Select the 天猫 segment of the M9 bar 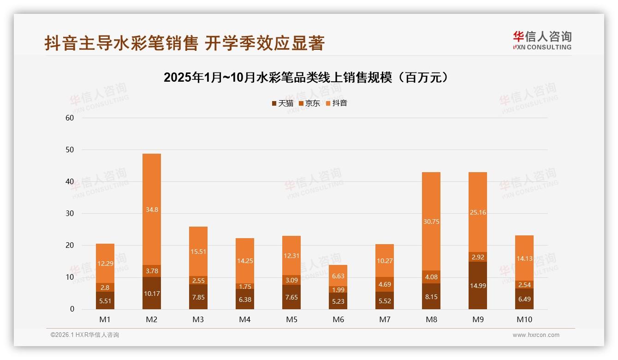pyautogui.click(x=478, y=285)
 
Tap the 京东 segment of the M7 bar pyautogui.click(x=385, y=284)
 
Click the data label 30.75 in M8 pyautogui.click(x=431, y=222)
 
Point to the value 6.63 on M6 pyautogui.click(x=338, y=276)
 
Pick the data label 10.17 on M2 pyautogui.click(x=152, y=293)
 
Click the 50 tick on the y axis pyautogui.click(x=70, y=150)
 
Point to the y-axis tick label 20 pyautogui.click(x=70, y=246)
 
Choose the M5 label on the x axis pyautogui.click(x=291, y=319)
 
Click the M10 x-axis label pyautogui.click(x=524, y=319)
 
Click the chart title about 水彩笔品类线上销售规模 pyautogui.click(x=306, y=78)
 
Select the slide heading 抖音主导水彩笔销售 pyautogui.click(x=184, y=43)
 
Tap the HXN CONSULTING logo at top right pyautogui.click(x=542, y=40)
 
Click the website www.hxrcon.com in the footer pyautogui.click(x=536, y=335)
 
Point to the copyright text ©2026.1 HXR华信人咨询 pyautogui.click(x=84, y=335)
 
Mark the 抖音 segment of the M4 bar pyautogui.click(x=245, y=261)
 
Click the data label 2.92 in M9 pyautogui.click(x=478, y=257)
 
